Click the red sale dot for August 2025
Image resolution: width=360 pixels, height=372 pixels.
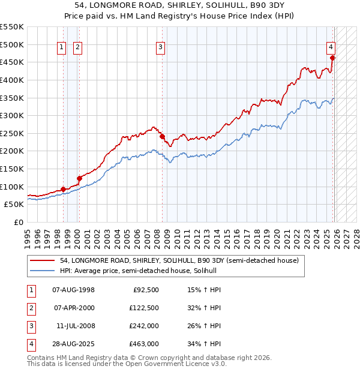333,58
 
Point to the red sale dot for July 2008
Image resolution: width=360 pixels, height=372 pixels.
162,136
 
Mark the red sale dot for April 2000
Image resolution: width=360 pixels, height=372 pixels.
79,178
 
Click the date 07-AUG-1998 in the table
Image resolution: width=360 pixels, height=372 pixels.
74,290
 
